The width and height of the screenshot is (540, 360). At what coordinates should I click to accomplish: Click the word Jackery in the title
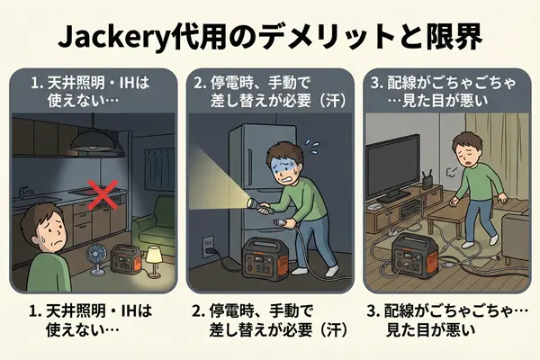pyautogui.click(x=114, y=37)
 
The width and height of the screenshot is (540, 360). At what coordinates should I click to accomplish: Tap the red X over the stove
pyautogui.click(x=103, y=195)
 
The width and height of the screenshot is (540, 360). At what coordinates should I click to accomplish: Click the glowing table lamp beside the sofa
pyautogui.click(x=154, y=261)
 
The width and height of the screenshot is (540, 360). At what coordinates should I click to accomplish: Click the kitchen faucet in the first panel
pyautogui.click(x=23, y=192)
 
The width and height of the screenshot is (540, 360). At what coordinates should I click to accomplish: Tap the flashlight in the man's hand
pyautogui.click(x=257, y=205)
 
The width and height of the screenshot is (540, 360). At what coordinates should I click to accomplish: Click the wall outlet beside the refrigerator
pyautogui.click(x=208, y=246)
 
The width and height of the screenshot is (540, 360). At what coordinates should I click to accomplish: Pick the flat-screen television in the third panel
pyautogui.click(x=393, y=169)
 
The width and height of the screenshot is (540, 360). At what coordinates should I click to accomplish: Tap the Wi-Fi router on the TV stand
pyautogui.click(x=427, y=180)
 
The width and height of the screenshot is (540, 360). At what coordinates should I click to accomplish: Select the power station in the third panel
pyautogui.click(x=415, y=254)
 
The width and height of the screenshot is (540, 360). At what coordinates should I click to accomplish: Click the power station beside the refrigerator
pyautogui.click(x=265, y=258)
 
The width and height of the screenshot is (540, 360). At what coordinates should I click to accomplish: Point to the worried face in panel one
pyautogui.click(x=52, y=234)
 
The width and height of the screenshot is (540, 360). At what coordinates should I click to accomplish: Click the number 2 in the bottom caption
pyautogui.click(x=198, y=311)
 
